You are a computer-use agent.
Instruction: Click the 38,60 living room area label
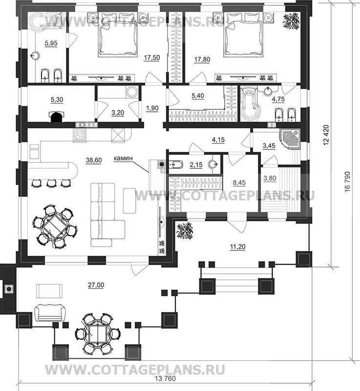[x=94, y=160]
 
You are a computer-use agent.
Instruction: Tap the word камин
[x=123, y=158]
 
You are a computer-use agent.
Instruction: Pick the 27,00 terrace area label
[x=96, y=285]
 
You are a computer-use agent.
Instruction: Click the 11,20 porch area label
[x=237, y=247]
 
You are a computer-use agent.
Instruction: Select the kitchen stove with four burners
[x=80, y=135]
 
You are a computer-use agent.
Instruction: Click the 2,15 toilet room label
[x=196, y=165]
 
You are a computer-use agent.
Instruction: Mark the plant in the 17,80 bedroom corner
[x=291, y=21]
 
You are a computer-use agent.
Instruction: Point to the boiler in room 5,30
[x=56, y=117]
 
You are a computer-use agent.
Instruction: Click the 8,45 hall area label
[x=239, y=183]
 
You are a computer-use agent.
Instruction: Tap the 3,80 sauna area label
[x=270, y=178]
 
